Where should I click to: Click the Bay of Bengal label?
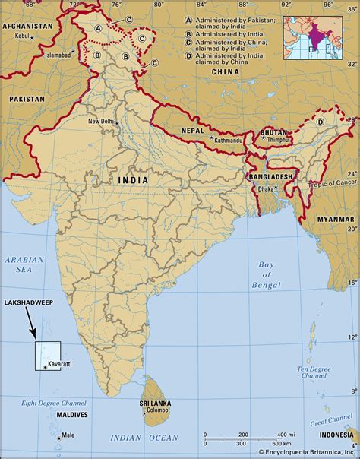pyautogui.click(x=265, y=274)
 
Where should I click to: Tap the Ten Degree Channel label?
pyautogui.click(x=313, y=372)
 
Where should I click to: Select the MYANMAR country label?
pyautogui.click(x=335, y=218)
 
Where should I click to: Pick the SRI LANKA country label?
pyautogui.click(x=154, y=404)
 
